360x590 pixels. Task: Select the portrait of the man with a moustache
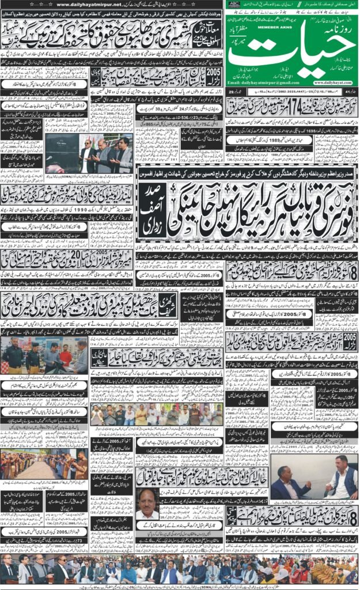tap(147, 504)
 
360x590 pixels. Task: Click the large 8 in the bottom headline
tap(351, 516)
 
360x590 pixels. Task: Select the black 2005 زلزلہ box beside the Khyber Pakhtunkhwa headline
tap(350, 341)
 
